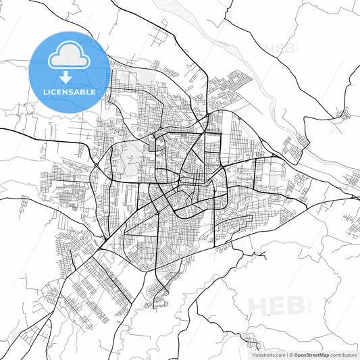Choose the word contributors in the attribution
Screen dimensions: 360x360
click(x=343, y=355)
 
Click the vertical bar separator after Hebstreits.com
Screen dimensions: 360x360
click(x=286, y=355)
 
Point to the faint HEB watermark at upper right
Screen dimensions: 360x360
click(x=280, y=49)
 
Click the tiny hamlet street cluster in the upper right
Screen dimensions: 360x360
click(x=344, y=113)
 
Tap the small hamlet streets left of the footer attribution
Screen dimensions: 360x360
click(x=251, y=341)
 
